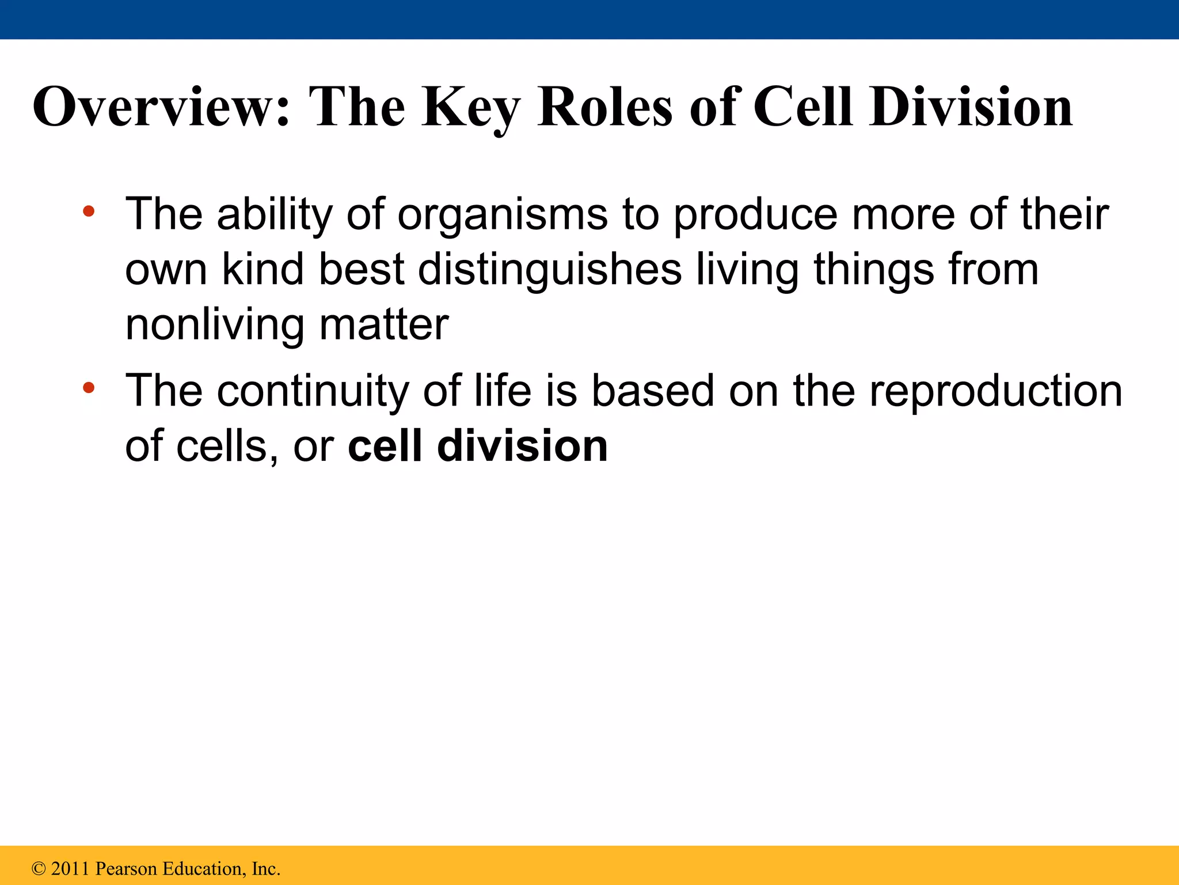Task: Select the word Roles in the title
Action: click(x=604, y=107)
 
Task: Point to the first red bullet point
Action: click(x=88, y=211)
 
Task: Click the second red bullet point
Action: click(x=88, y=388)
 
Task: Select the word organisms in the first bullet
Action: click(x=502, y=214)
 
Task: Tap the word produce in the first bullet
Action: click(x=755, y=214)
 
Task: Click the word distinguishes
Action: click(x=550, y=270)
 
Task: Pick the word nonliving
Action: click(x=214, y=324)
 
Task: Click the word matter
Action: click(x=383, y=324)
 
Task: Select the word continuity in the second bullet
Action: click(x=312, y=391)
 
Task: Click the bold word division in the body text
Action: click(x=522, y=446)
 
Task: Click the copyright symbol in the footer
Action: click(x=39, y=869)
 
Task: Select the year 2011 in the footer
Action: click(x=71, y=869)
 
